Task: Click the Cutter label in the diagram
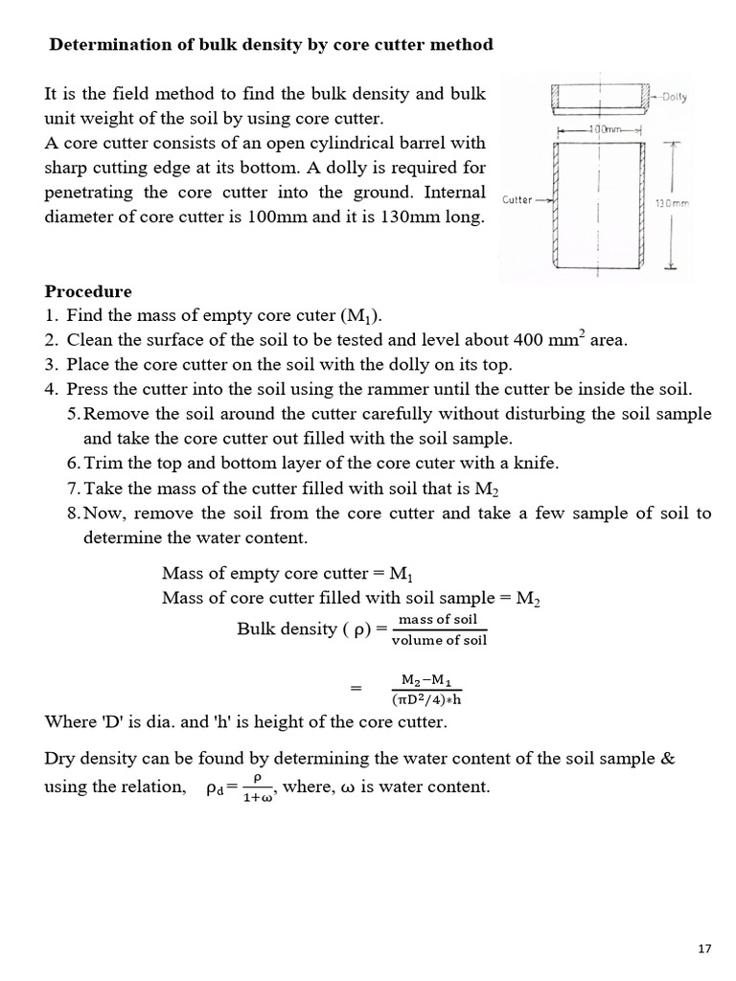click(x=517, y=199)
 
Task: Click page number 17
click(x=704, y=948)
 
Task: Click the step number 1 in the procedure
click(x=50, y=316)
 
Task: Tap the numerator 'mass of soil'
click(x=438, y=619)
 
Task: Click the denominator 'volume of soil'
click(x=439, y=640)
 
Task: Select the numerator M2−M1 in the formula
click(x=426, y=679)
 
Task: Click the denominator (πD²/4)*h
click(x=427, y=698)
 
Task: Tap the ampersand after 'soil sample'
click(x=667, y=758)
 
